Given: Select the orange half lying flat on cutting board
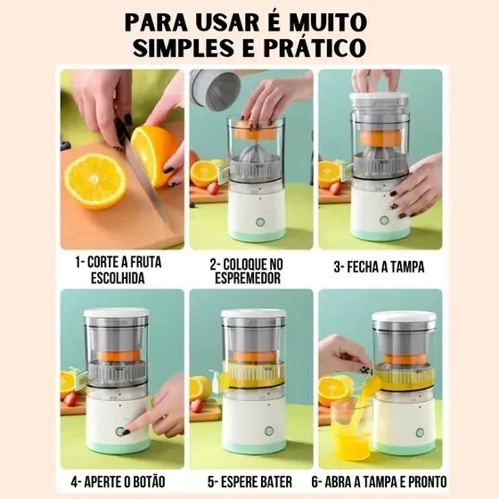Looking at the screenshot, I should pos(94,179).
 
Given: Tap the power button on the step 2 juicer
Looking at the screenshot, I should pos(259,221).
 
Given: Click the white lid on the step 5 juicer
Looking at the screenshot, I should pos(253,315).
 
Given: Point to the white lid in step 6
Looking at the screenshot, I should pos(403,317).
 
